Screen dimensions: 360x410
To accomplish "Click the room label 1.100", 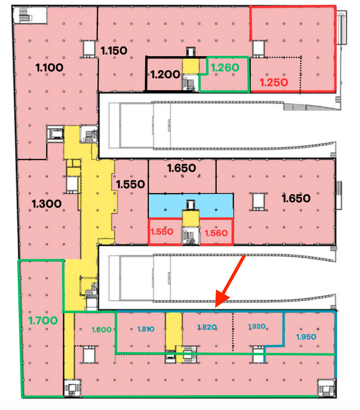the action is pos(49,68).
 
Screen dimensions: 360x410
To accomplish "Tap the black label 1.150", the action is pos(114,51).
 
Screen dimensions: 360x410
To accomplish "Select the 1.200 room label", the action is pos(165,75).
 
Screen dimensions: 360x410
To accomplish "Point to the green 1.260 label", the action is pos(225,67).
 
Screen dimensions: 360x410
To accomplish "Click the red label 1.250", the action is pos(274,82).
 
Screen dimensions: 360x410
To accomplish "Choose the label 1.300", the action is pos(47,204).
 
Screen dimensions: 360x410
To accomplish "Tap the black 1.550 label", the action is pos(130,184).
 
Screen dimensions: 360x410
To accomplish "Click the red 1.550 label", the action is pos(162,232).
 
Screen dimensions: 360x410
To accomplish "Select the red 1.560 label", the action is pos(216,233).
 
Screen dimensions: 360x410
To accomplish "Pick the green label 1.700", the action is pos(43,321).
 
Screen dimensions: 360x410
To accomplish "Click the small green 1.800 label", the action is pos(101,330).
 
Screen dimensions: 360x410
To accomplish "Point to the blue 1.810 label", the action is pos(146,329).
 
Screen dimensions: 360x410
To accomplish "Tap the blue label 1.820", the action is pos(207,327).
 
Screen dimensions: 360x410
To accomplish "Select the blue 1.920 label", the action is pos(257,327).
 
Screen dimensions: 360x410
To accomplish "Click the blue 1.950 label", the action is pos(306,337).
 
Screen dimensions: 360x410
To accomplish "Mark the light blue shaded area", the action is pos(191,205).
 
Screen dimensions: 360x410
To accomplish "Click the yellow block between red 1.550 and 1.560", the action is pos(191,219).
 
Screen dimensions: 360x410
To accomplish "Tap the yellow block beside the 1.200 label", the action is pos(191,66).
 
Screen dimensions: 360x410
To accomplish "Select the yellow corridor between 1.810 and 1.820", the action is pos(174,332).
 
